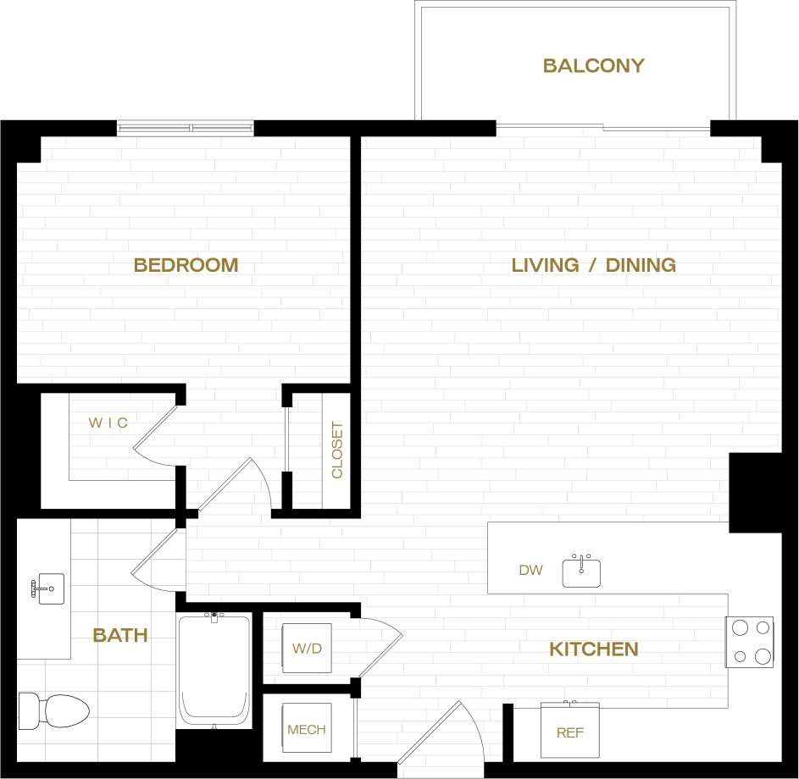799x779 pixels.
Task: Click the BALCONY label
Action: click(593, 66)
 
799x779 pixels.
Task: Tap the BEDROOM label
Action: click(186, 265)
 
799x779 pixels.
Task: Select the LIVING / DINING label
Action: click(593, 265)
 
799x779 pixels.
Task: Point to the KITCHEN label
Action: click(593, 649)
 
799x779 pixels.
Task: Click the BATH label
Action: click(120, 635)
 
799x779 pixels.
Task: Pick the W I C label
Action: click(108, 423)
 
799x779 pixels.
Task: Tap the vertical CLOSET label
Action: click(337, 450)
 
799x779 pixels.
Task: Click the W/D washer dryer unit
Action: click(307, 649)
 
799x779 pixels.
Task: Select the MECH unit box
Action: click(306, 729)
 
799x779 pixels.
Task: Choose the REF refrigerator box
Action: click(569, 731)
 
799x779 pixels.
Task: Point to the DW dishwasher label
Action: click(530, 571)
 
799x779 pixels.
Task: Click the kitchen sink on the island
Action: click(582, 572)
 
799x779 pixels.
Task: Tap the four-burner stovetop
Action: click(750, 641)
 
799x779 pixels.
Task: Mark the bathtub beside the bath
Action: click(214, 669)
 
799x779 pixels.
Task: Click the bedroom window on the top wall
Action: click(185, 129)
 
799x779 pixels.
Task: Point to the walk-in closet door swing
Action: click(157, 434)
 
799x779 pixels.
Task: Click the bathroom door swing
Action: click(161, 561)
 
